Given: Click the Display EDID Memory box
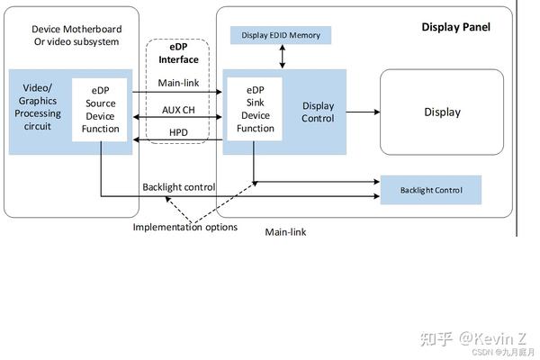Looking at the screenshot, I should pos(282,35).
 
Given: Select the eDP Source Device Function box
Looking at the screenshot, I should pos(100,110).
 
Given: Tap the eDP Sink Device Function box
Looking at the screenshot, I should pos(255,110).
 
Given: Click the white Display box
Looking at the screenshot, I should pos(441,112).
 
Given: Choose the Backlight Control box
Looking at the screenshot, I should pos(431,190).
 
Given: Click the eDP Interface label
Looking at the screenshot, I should pos(178,53).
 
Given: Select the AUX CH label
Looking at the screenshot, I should pos(179,109).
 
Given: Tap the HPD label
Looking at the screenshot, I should pos(179,133).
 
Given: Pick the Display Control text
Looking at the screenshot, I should pos(318,112).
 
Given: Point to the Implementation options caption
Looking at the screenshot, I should pos(185,227).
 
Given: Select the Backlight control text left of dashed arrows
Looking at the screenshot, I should pos(178,187).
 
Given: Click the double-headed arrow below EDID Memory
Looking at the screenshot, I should pos(283,57).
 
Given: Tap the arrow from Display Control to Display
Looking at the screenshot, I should pos(362,112).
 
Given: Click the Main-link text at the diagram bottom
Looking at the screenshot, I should pos(285,232).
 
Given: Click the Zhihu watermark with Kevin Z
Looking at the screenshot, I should pos(473,338).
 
